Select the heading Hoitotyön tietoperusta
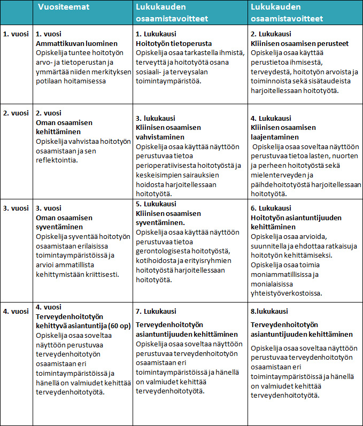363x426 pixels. (x=174, y=43)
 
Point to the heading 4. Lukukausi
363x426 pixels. (x=271, y=118)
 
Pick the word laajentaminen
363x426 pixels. (x=275, y=136)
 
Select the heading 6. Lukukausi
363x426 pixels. (x=271, y=208)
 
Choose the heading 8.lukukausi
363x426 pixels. (x=269, y=311)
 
